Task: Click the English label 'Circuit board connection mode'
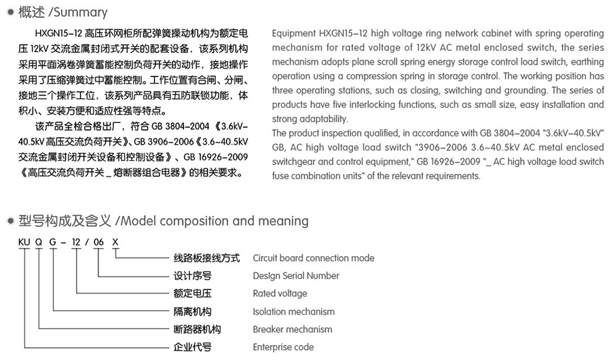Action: coord(313,258)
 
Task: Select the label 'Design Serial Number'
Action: coord(295,276)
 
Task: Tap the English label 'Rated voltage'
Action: coord(280,293)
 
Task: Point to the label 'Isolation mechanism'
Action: coord(293,312)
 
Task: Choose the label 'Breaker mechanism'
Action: coord(292,329)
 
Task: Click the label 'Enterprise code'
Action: coord(283,347)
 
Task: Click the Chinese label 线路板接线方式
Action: coord(207,258)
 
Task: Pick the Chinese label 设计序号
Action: coord(193,276)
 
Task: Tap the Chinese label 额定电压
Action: coord(193,293)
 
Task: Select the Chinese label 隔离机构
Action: coord(193,312)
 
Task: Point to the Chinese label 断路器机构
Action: coord(198,329)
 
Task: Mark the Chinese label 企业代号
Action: coord(193,347)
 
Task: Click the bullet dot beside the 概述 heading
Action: coord(9,13)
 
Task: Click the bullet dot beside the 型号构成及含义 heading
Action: coord(9,221)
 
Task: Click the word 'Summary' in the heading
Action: coord(82,12)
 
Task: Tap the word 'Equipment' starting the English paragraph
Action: coord(293,33)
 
